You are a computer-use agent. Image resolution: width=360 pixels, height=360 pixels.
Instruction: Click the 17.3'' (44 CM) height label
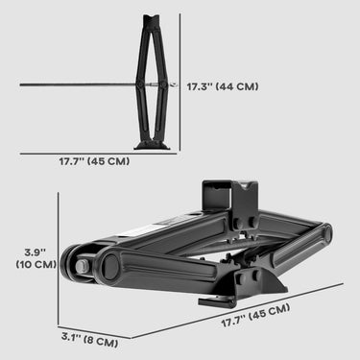tap(222, 84)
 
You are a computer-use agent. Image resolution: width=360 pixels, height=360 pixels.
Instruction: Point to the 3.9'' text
tap(35, 252)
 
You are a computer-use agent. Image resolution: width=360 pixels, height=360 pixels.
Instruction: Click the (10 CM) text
tap(35, 265)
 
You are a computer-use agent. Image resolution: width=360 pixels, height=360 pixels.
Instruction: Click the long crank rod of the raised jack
tap(77, 84)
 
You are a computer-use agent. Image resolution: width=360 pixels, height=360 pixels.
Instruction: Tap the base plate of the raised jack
tap(152, 145)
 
